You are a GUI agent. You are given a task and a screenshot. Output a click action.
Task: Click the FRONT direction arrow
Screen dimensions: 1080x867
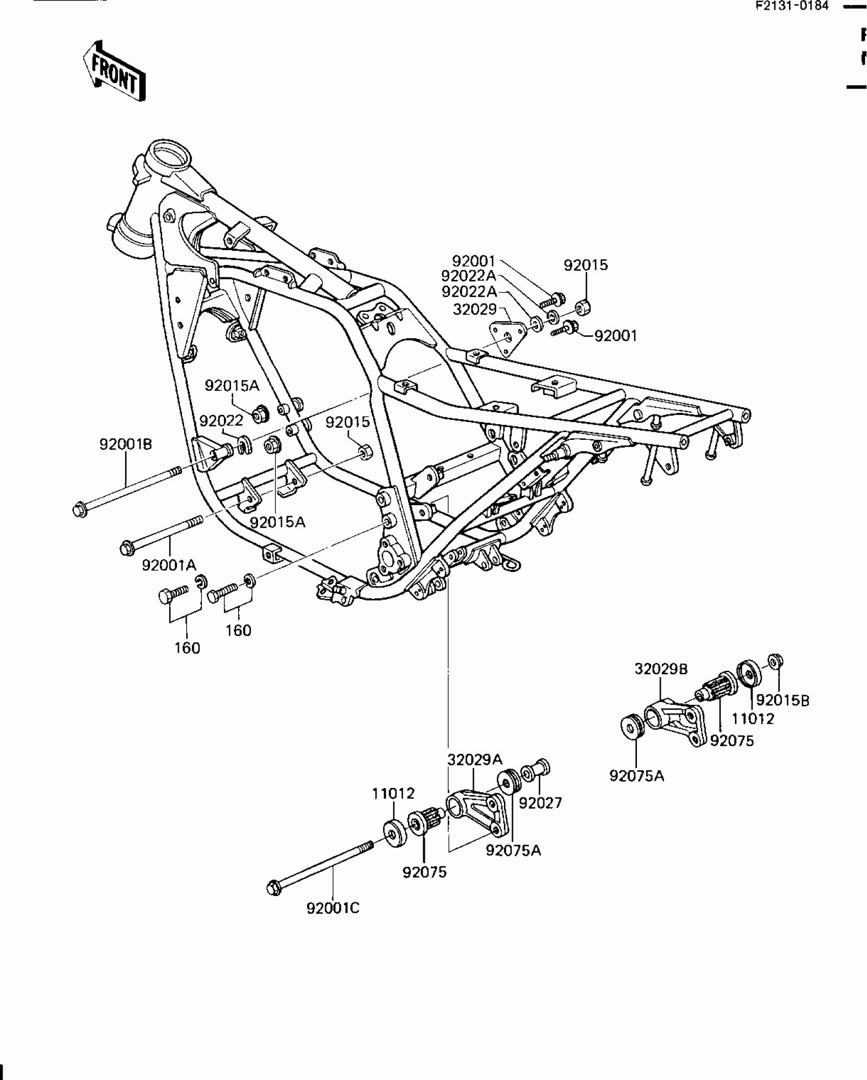tap(114, 71)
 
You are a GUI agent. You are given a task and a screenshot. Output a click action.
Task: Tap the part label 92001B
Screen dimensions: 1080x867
tap(125, 444)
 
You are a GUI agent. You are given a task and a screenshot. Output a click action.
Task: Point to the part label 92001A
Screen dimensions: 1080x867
tap(169, 565)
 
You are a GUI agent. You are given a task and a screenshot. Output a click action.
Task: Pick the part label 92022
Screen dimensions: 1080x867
tap(221, 421)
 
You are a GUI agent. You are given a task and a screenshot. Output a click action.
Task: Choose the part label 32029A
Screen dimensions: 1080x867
tap(475, 774)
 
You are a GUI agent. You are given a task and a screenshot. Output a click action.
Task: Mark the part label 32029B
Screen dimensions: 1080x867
tap(661, 669)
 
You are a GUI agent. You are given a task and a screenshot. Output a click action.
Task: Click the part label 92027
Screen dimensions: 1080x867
tap(540, 803)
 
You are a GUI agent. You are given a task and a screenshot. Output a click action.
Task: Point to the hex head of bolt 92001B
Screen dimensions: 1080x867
tap(80, 509)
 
